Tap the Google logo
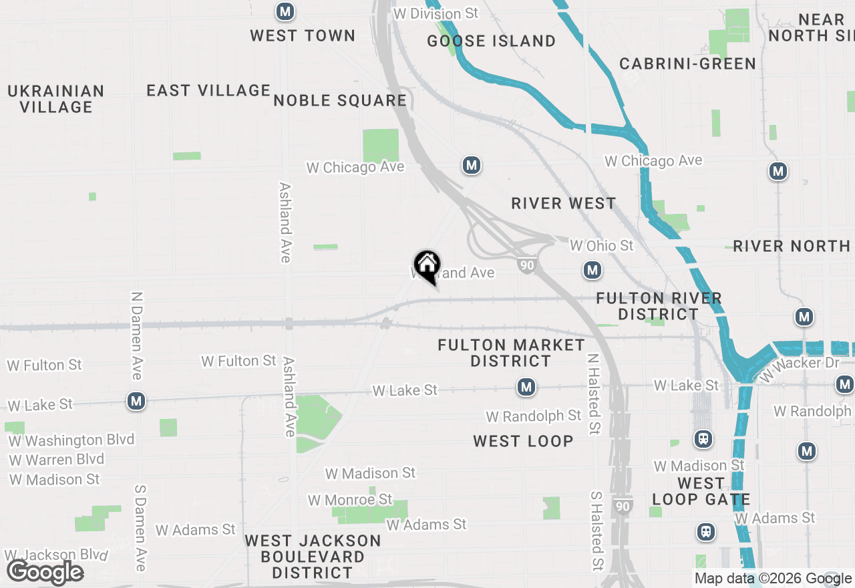[45, 573]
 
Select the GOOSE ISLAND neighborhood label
[492, 41]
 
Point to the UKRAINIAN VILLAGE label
[56, 99]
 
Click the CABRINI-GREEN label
[688, 63]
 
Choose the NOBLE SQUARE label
[340, 100]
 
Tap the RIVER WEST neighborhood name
[564, 203]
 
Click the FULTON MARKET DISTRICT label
[512, 353]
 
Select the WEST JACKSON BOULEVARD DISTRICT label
[313, 557]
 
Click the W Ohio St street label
[601, 246]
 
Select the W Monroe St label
[350, 500]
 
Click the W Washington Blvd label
[71, 440]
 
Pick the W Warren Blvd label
[57, 460]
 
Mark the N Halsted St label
[592, 394]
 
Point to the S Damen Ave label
[140, 528]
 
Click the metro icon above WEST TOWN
[285, 11]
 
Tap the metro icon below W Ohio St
[592, 270]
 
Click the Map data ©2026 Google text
[773, 579]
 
